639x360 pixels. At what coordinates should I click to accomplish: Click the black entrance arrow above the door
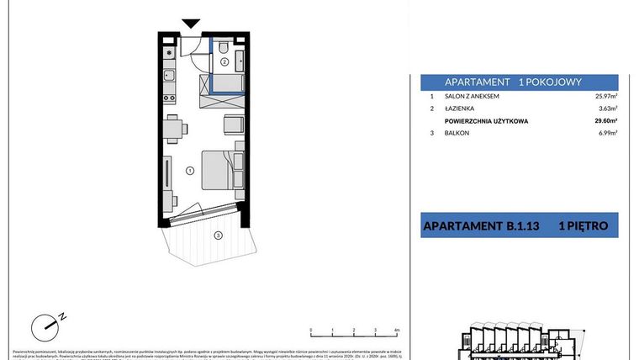tap(192, 24)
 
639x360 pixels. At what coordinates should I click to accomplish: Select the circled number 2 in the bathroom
tap(224, 61)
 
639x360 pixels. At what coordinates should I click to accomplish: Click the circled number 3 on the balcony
tap(218, 236)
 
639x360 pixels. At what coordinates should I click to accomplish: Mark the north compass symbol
tap(47, 325)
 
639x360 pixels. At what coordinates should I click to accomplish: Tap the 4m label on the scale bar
tap(396, 331)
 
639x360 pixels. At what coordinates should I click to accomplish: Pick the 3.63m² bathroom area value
tap(606, 109)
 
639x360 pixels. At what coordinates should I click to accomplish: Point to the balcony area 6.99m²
tap(606, 134)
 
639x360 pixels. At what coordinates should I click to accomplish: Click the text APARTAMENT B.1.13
tap(478, 226)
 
